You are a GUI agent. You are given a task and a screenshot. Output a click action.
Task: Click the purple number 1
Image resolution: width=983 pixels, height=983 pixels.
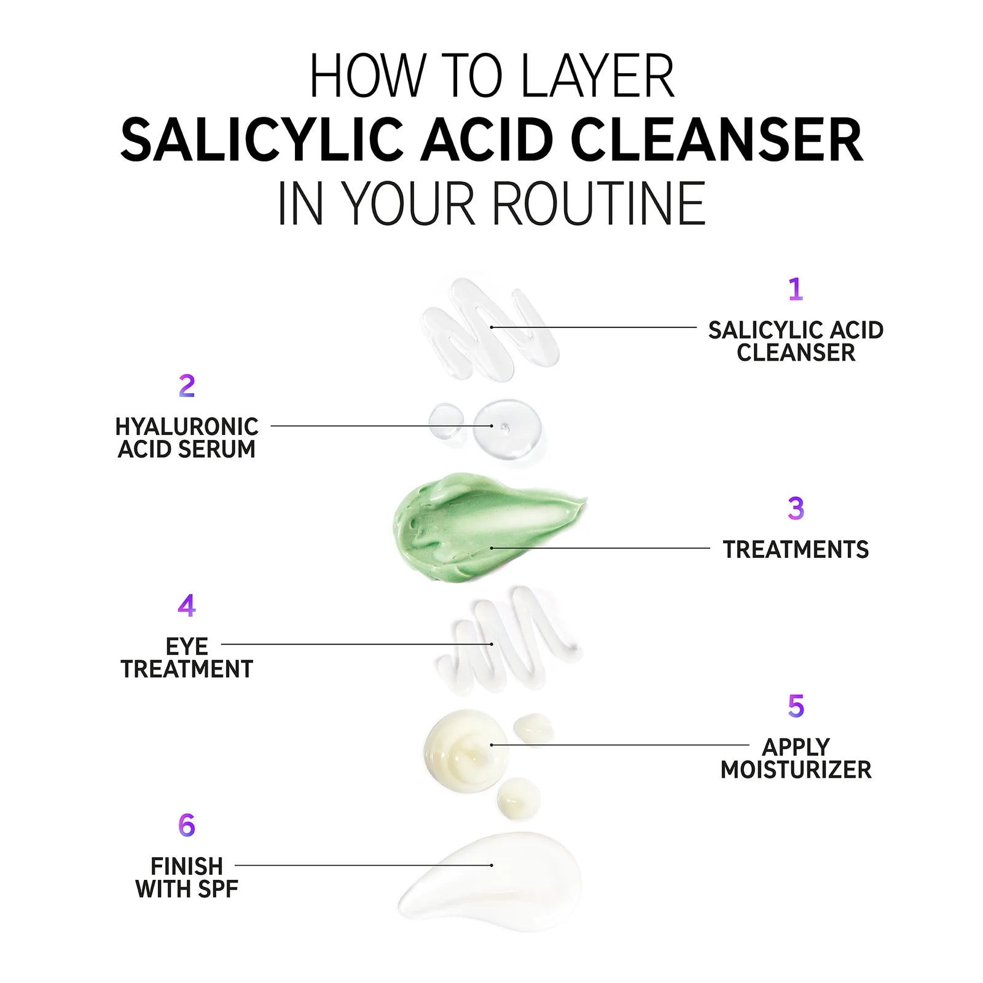click(x=796, y=289)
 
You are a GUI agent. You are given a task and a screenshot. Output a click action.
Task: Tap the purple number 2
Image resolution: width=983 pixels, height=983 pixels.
click(x=187, y=386)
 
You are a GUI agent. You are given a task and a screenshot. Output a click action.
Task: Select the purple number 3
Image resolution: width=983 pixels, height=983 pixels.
click(x=796, y=509)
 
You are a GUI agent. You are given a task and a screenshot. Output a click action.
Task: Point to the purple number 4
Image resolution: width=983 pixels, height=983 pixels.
click(x=187, y=606)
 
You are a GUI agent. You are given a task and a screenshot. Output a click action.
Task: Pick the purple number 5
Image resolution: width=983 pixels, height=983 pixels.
click(x=796, y=706)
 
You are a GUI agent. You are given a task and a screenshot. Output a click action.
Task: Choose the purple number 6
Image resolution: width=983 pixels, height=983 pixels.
click(x=187, y=825)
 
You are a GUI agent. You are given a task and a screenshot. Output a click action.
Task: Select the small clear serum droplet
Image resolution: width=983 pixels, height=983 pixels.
click(x=446, y=421)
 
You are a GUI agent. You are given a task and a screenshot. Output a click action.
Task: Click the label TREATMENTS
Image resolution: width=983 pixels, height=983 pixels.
click(x=796, y=549)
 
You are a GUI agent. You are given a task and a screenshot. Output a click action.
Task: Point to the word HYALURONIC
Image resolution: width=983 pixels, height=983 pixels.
click(x=187, y=427)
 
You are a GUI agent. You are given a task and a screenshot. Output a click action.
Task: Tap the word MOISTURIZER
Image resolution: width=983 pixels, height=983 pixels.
click(x=796, y=770)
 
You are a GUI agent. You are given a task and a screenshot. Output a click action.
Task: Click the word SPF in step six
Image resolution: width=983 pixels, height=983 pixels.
click(x=219, y=889)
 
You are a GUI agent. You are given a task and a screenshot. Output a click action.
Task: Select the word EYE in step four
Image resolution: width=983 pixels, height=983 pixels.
click(x=187, y=646)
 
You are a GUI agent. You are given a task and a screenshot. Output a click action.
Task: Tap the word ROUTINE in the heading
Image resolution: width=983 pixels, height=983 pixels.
click(x=599, y=204)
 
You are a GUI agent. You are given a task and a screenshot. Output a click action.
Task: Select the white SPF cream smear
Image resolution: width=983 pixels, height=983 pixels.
click(x=498, y=879)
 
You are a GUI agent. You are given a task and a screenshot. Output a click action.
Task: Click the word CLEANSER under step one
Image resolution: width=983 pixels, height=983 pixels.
click(x=796, y=353)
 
